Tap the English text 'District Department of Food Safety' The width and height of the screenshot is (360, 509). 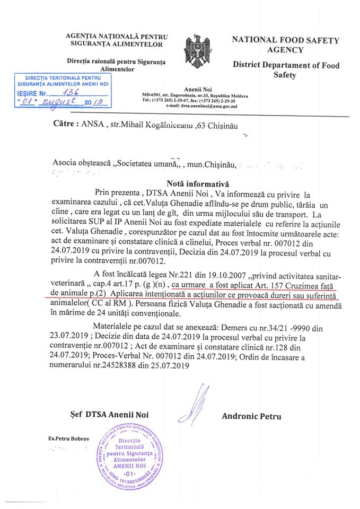point(286,71)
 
